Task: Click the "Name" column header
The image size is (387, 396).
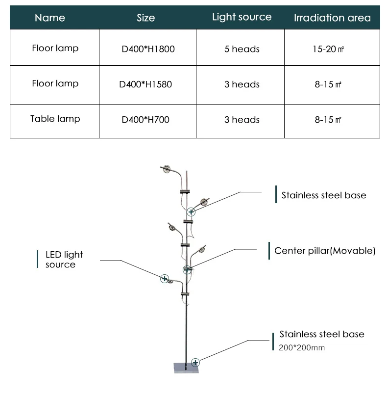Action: coord(50,18)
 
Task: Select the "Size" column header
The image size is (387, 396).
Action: coord(146,18)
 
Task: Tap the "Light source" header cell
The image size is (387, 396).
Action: coord(242,17)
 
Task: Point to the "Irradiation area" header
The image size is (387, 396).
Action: coord(332,18)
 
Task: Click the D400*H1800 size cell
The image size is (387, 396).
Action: coord(148,49)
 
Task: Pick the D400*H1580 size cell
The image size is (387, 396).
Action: coord(146,84)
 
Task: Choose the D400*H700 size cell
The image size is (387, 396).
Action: coord(145,120)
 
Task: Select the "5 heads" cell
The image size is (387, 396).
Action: coord(242,49)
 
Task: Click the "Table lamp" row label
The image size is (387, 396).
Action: coord(55,119)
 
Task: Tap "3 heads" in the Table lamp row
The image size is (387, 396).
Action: coord(242,120)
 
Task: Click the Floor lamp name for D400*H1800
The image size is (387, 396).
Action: coord(55,48)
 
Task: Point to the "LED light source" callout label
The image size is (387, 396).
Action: coord(64,260)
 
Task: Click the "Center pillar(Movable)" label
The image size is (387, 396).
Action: coord(325,251)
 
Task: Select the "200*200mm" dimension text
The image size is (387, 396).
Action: coord(302,348)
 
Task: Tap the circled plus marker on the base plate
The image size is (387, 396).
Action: coord(195,363)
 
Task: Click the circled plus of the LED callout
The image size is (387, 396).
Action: coord(165,279)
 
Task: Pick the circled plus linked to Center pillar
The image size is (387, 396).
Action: coord(187,269)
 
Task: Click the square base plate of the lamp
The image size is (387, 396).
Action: coord(187,367)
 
